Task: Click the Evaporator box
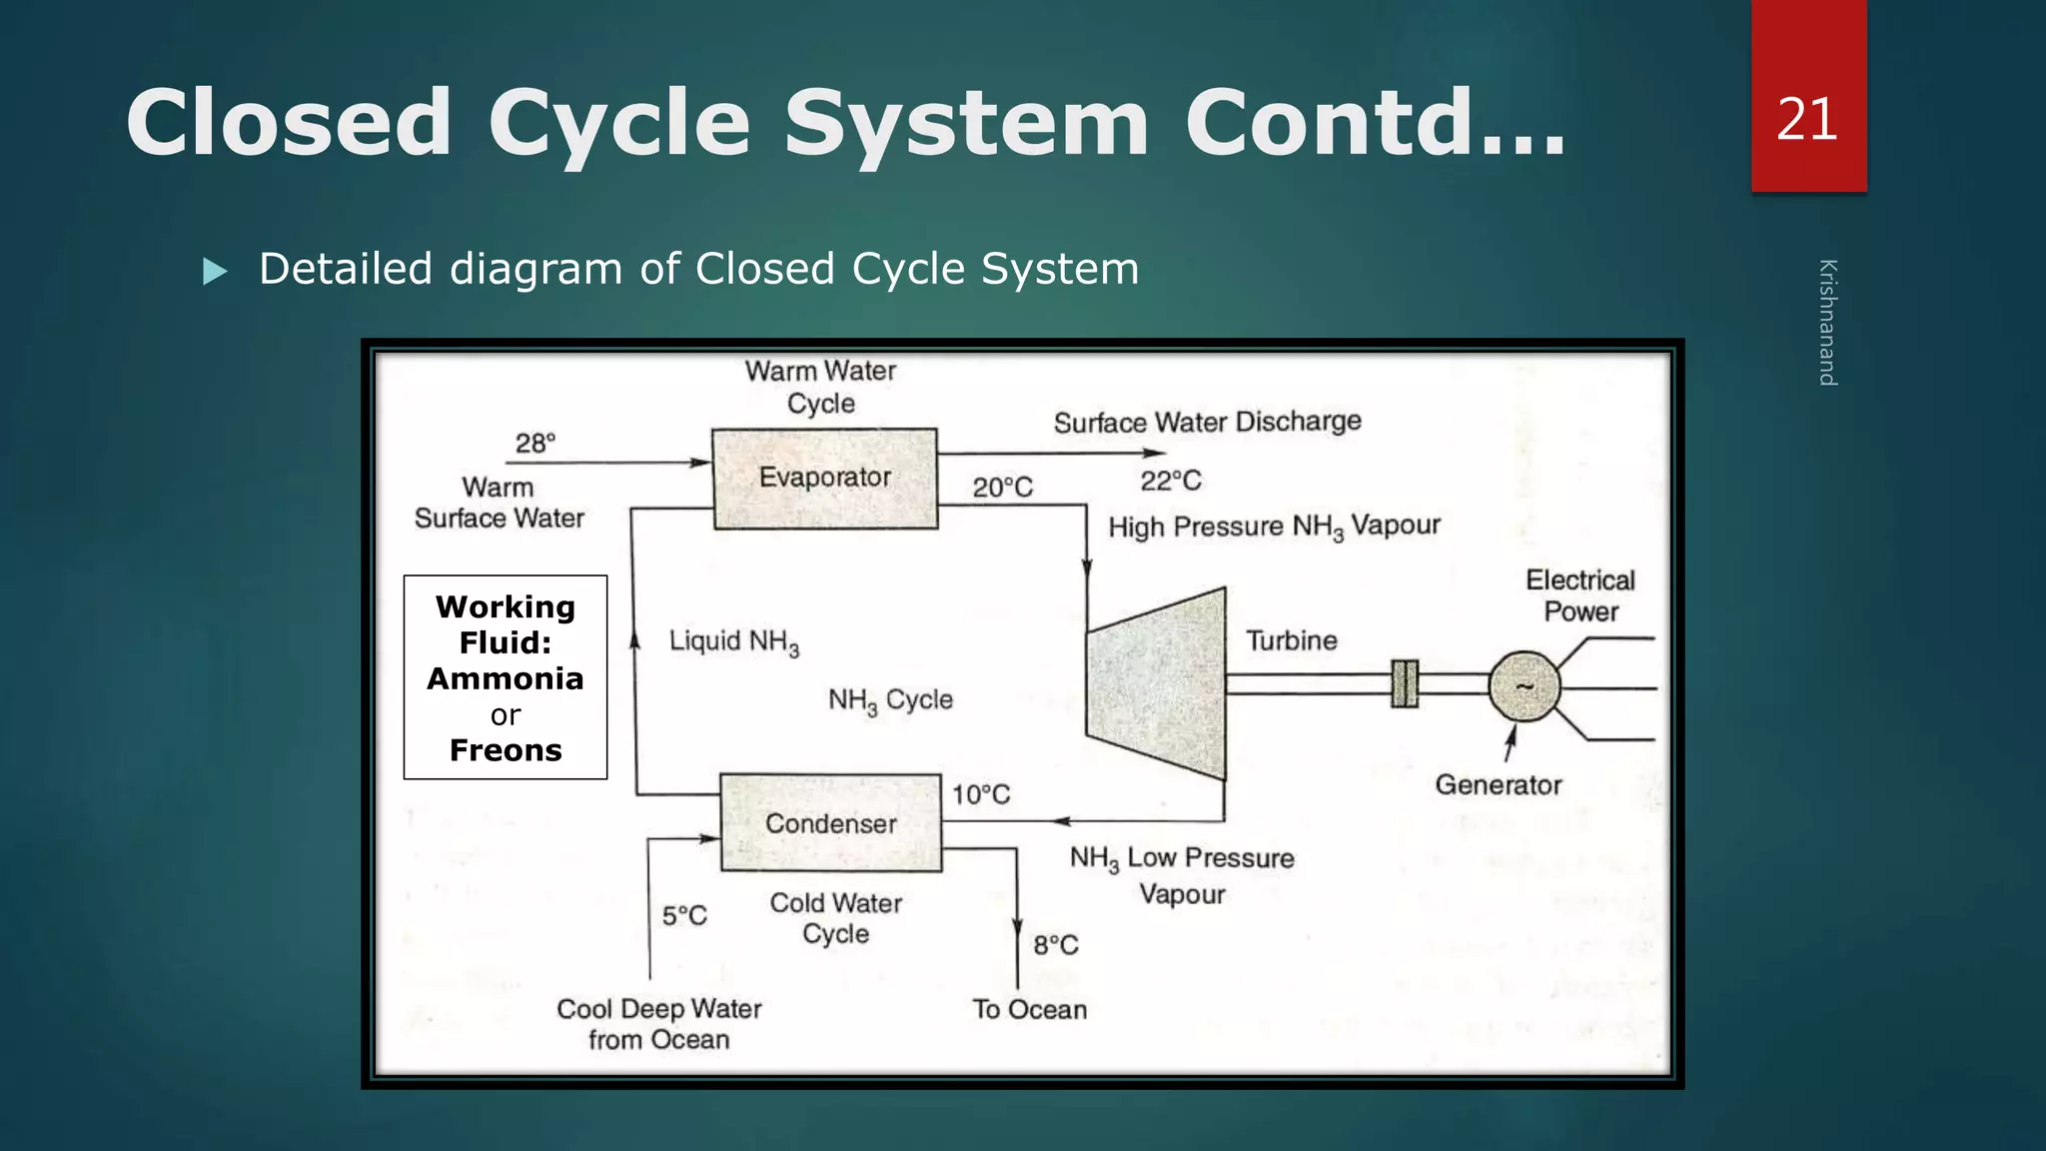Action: (x=824, y=479)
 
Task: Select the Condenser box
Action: (x=830, y=823)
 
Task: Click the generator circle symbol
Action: (x=1524, y=686)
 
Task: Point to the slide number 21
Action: (x=1807, y=120)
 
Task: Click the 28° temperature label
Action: (x=535, y=443)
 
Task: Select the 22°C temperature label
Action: (x=1171, y=481)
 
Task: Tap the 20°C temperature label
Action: (x=1002, y=488)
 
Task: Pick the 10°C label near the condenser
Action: (x=980, y=794)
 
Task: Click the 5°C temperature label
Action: (x=684, y=915)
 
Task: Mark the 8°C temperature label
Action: (x=1055, y=945)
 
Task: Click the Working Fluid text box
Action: (x=506, y=676)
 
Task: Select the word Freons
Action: (x=506, y=750)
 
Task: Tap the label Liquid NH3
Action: (x=733, y=641)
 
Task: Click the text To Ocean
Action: (x=1029, y=1009)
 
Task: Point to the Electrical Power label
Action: (x=1579, y=595)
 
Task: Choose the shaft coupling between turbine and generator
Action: (x=1405, y=684)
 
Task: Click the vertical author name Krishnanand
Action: (x=1827, y=322)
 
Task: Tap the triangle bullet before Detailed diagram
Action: (x=215, y=272)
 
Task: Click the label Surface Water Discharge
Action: (x=1207, y=422)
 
